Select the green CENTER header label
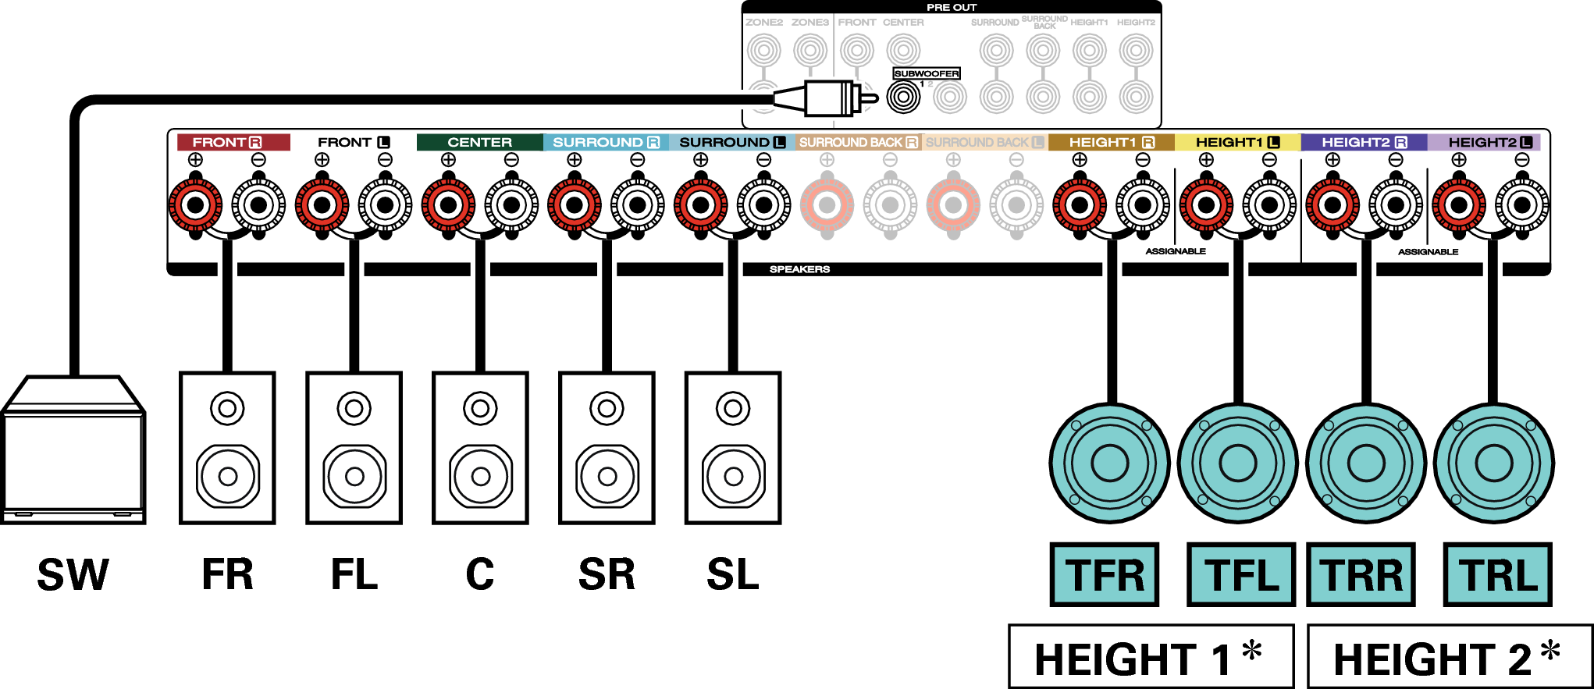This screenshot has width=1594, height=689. tap(479, 142)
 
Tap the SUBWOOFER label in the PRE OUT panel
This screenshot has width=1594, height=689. tap(926, 73)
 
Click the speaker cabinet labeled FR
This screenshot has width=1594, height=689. tap(227, 448)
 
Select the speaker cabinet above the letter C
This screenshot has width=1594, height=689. tap(480, 448)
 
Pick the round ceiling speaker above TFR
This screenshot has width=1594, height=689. tap(1109, 463)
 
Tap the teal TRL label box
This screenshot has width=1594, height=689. tap(1497, 575)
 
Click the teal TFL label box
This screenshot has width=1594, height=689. tap(1240, 575)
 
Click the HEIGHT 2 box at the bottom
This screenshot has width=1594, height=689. tap(1449, 657)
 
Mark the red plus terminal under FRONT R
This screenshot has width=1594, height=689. tap(195, 205)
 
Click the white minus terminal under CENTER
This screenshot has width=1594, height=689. tap(511, 205)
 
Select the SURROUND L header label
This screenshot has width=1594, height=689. tap(731, 142)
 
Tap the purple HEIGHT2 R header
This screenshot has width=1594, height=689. tap(1364, 142)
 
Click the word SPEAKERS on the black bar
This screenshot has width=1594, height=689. tap(799, 269)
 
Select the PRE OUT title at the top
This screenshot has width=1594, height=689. tap(951, 7)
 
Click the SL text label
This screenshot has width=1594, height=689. tap(732, 575)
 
